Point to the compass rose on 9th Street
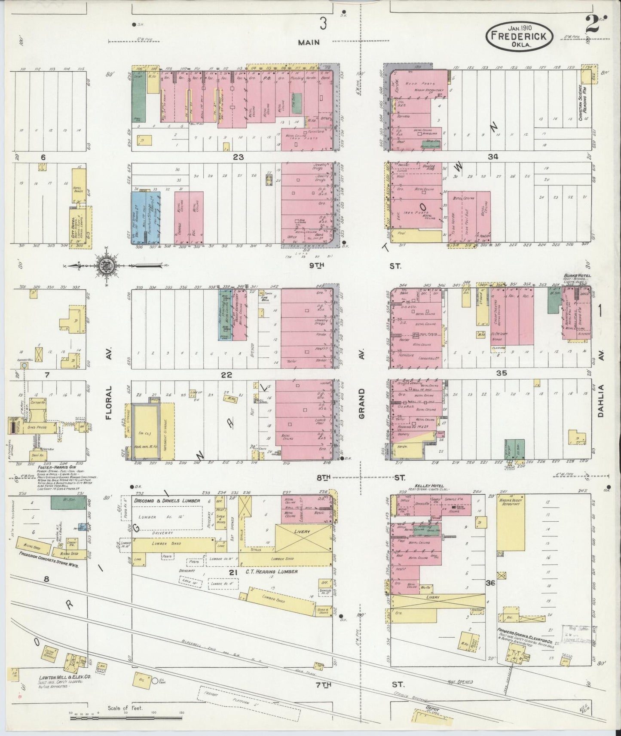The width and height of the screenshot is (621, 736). (111, 267)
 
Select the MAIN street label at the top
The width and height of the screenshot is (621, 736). (309, 42)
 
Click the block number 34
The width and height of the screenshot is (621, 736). (493, 157)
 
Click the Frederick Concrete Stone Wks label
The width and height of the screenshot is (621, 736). (48, 566)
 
